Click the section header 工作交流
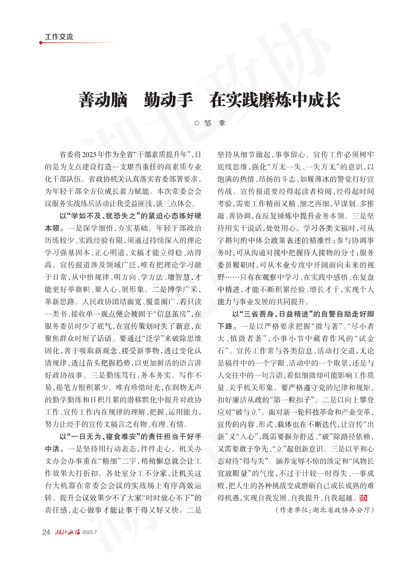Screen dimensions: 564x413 [x=59, y=37]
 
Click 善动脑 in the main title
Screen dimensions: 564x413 [x=103, y=100]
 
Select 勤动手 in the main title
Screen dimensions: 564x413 [x=168, y=100]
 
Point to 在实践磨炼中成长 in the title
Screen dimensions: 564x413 [x=275, y=100]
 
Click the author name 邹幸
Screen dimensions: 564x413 [x=215, y=123]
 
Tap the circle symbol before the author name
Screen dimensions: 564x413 [x=197, y=123]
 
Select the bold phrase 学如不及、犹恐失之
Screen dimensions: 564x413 [x=104, y=216]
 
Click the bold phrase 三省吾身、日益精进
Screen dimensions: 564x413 [x=277, y=314]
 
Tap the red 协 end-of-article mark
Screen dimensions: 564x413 [x=363, y=498]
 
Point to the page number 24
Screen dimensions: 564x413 [x=46, y=532]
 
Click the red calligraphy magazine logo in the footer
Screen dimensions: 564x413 [x=67, y=532]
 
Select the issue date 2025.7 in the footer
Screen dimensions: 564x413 [x=89, y=532]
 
